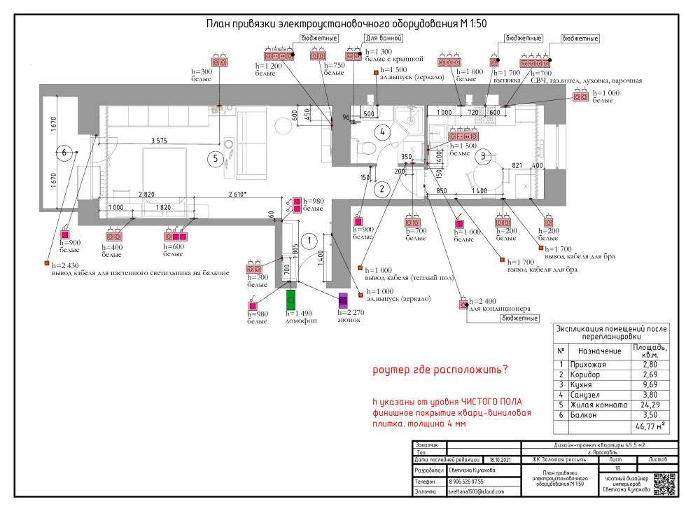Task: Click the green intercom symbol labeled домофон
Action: (291, 300)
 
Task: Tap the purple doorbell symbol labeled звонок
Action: (343, 299)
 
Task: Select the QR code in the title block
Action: (664, 484)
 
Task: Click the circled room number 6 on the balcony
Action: (64, 152)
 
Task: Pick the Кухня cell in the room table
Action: (592, 385)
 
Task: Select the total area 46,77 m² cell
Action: (650, 426)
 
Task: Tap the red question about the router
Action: (440, 370)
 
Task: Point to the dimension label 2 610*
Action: (239, 194)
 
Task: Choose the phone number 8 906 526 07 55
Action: (466, 482)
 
